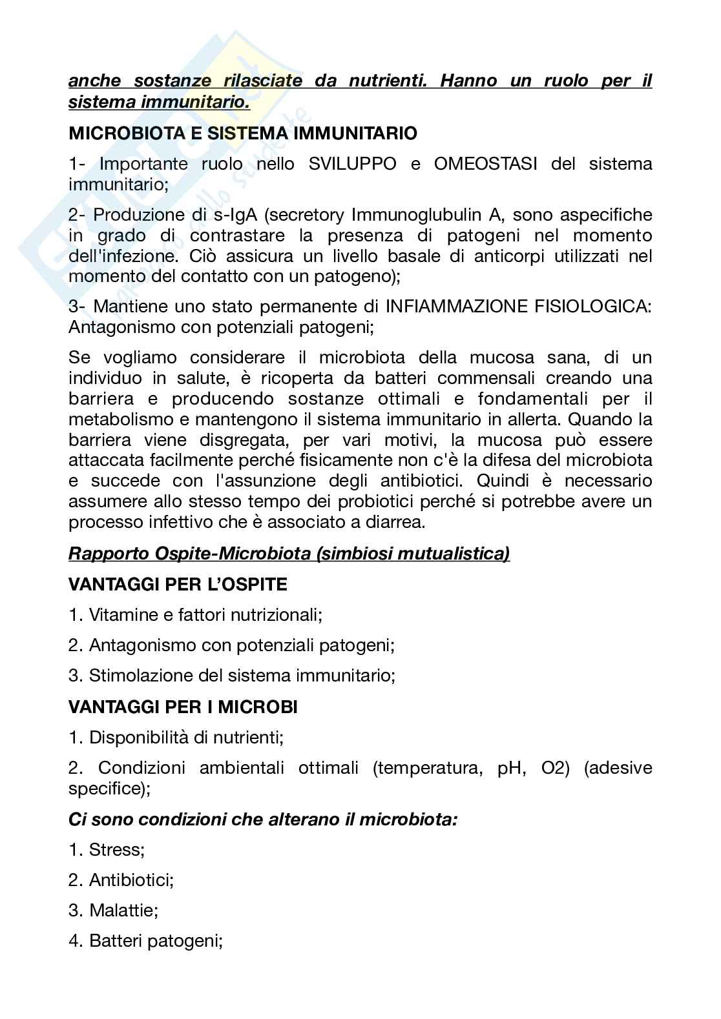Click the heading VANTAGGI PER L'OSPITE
(x=178, y=585)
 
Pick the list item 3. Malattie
(x=114, y=911)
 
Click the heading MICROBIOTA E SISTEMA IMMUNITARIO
(x=243, y=134)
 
